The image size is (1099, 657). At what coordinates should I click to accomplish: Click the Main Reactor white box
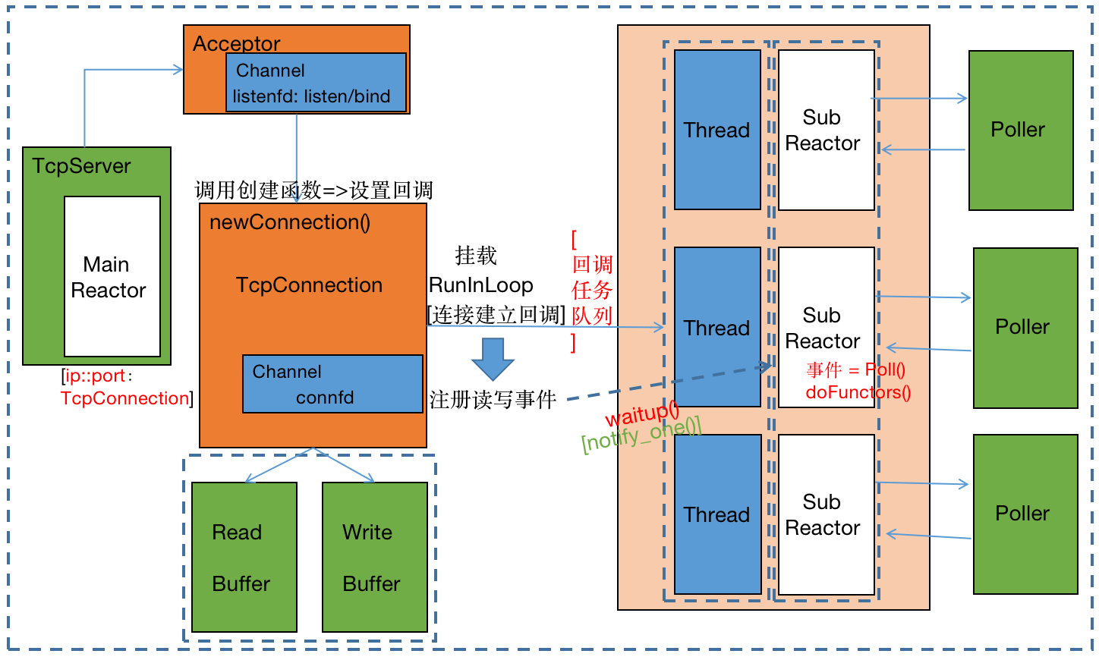click(112, 277)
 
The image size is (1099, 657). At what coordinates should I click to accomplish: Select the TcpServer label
click(81, 166)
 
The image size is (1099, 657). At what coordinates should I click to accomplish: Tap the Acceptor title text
click(236, 43)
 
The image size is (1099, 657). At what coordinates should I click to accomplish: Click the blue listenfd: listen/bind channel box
click(316, 83)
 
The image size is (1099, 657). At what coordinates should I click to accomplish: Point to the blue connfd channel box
click(332, 384)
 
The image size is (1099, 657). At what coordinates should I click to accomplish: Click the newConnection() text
click(290, 222)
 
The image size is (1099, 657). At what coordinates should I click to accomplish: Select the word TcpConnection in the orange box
click(309, 285)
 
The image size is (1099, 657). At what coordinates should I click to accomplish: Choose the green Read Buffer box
click(244, 557)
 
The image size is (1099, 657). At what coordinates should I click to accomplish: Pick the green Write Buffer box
click(375, 557)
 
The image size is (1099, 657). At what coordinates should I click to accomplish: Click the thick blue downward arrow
click(493, 359)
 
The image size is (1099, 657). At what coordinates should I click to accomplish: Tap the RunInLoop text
click(481, 285)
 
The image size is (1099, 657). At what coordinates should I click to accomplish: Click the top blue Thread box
click(717, 130)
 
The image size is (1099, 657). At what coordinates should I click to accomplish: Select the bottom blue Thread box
click(717, 514)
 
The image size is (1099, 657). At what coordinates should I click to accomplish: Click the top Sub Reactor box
click(826, 130)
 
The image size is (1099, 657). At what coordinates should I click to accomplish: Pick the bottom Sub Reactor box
click(826, 514)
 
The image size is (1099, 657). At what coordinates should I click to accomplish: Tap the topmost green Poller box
click(1021, 130)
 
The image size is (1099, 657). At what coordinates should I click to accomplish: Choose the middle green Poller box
click(1025, 328)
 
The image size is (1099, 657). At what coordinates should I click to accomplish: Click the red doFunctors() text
click(858, 392)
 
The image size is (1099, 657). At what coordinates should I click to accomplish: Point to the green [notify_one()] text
click(641, 435)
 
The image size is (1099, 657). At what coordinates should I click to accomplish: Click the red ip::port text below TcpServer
click(95, 376)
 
